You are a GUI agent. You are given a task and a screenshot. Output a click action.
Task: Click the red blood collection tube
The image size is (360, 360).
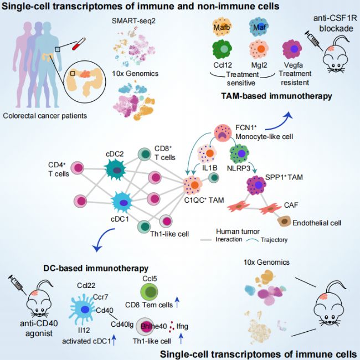click(79, 44)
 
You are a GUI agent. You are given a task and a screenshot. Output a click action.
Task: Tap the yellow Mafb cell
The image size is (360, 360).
click(222, 27)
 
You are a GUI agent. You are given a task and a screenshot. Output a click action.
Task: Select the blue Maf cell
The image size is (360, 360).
click(259, 27)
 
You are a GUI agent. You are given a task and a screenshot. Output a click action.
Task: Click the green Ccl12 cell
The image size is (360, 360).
click(222, 49)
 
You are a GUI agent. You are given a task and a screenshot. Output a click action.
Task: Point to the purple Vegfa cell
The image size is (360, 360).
click(292, 49)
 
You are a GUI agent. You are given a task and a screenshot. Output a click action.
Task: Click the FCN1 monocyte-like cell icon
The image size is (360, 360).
click(222, 132)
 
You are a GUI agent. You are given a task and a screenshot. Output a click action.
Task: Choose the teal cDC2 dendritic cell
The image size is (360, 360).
click(116, 170)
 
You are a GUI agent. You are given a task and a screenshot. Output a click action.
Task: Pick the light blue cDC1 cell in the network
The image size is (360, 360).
click(122, 202)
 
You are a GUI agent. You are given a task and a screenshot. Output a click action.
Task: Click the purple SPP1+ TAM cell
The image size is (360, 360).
click(256, 185)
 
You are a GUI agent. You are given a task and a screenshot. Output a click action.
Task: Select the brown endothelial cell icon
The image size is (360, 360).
click(284, 222)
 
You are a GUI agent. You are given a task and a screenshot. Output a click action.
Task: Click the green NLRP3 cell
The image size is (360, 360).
click(239, 153)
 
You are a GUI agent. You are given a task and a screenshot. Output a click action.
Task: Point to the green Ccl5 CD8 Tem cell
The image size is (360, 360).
click(151, 291)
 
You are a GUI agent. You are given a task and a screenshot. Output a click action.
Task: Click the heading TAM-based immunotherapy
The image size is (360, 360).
click(277, 96)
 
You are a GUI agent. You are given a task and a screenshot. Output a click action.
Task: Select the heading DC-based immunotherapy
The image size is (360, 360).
click(96, 268)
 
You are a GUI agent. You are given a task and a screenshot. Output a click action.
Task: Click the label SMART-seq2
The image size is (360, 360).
click(133, 21)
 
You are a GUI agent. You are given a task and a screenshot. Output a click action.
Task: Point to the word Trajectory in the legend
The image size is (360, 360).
click(274, 240)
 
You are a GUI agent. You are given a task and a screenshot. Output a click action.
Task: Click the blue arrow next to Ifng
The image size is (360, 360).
click(181, 338)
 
